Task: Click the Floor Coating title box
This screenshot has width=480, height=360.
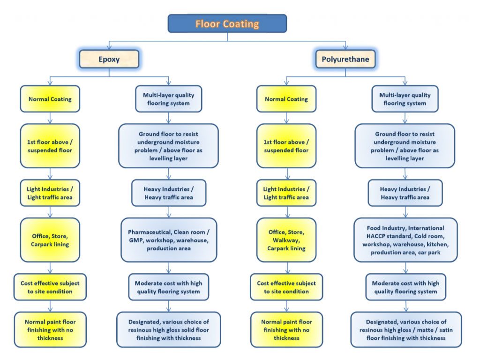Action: (x=227, y=23)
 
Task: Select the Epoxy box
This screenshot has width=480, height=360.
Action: (x=109, y=59)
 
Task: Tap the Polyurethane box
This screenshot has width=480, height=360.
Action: (x=345, y=59)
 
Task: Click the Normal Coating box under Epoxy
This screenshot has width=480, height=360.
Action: (x=50, y=99)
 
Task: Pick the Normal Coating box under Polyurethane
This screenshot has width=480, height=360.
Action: (x=286, y=99)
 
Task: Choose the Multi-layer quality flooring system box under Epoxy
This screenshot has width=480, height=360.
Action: (x=168, y=99)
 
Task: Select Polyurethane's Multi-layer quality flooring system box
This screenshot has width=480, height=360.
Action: (x=405, y=99)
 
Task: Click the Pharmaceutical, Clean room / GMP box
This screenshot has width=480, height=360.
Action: (x=169, y=240)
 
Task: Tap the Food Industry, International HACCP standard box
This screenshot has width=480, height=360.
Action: (x=405, y=240)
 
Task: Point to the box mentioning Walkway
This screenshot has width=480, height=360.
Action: (x=286, y=240)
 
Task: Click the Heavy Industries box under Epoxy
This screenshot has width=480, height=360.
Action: (x=169, y=193)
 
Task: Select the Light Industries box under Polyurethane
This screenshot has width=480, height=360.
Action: (x=286, y=193)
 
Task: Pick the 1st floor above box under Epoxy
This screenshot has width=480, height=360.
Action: (x=50, y=146)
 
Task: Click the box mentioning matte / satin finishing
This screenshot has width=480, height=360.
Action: (x=406, y=330)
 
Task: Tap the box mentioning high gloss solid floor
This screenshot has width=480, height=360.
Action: (x=168, y=330)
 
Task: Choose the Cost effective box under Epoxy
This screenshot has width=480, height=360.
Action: (x=50, y=287)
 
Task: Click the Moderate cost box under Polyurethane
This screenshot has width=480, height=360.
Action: (x=405, y=287)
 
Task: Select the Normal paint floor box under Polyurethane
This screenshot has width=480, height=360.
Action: (x=286, y=330)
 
